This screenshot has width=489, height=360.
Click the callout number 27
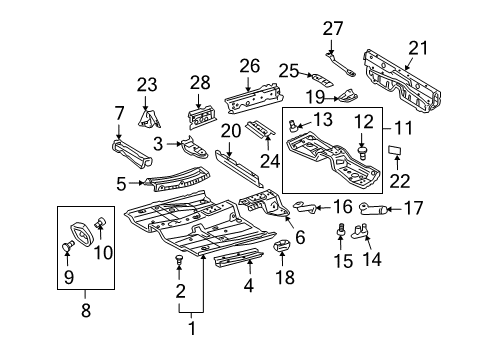coord(332,29)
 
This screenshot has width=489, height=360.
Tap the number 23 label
coord(147,85)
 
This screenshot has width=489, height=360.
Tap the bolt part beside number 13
coord(294,124)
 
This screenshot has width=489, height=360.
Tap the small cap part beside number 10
coord(100,222)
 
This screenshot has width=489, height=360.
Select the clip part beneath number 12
coord(365,153)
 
